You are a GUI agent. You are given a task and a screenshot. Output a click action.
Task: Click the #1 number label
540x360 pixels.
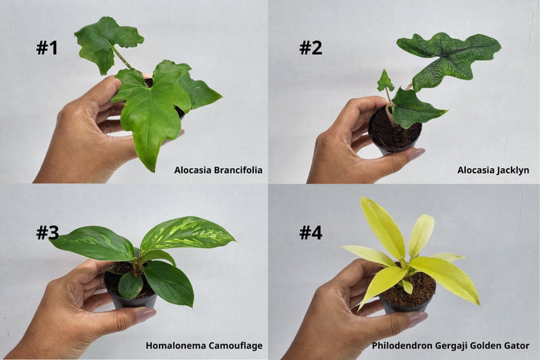[47, 48]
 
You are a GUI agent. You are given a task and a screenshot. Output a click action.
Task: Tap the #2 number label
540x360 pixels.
[311, 48]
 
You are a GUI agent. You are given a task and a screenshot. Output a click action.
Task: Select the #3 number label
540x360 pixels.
[48, 233]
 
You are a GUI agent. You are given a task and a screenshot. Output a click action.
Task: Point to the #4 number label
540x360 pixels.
[311, 233]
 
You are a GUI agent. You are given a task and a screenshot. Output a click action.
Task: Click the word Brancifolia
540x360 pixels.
[238, 170]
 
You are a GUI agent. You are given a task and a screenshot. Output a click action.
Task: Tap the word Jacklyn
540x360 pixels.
[511, 170]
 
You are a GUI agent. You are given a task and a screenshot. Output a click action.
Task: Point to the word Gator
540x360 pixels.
[517, 345]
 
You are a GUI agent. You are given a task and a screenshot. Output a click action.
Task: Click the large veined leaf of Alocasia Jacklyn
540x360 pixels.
[447, 60]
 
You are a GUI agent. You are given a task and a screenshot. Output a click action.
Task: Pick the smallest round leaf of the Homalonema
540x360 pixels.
[130, 285]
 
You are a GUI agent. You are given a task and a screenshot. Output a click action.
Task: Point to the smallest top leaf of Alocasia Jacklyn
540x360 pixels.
[385, 81]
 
